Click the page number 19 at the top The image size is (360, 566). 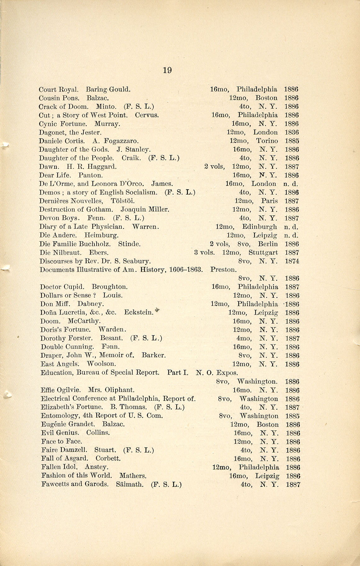tap(167, 70)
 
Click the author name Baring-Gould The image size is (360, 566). tap(108, 90)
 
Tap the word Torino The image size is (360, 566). tap(267, 141)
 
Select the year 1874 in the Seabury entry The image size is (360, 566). tap(292, 261)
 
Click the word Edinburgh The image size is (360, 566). tap(260, 227)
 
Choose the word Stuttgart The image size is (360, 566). tap(263, 253)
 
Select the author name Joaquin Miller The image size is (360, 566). tap(145, 209)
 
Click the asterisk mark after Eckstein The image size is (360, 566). tap(157, 311)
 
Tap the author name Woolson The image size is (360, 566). tap(101, 364)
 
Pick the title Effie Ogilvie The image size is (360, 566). tap(61, 390)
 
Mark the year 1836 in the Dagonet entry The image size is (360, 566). tap(292, 132)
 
